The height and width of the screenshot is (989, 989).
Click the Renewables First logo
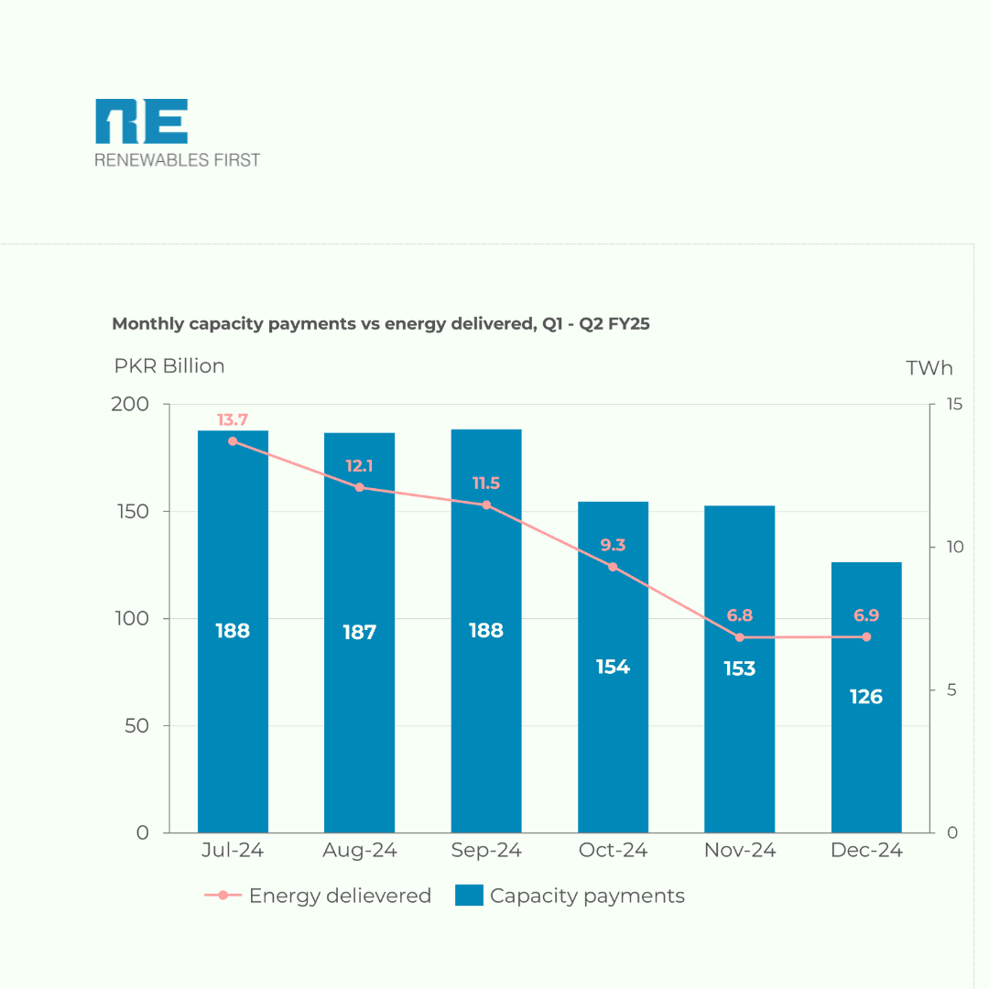coord(177,134)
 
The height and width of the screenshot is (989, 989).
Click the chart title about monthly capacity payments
coord(380,323)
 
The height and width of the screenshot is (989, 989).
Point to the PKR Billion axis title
coord(169,366)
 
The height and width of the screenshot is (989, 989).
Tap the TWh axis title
coord(929,368)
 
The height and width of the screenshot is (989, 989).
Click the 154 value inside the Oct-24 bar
coord(613,667)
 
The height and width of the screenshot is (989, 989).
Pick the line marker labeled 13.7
coord(233,441)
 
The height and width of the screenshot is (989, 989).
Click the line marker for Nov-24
coord(740,637)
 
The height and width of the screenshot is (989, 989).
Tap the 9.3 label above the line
coord(613,545)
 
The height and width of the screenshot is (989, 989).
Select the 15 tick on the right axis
coord(951,405)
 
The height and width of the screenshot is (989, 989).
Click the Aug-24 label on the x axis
coord(359,851)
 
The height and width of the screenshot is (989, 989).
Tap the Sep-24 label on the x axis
coord(486,851)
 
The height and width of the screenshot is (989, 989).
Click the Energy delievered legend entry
coord(318,896)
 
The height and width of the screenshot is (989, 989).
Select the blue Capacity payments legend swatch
coord(468,896)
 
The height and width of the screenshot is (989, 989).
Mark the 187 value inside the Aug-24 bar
coord(359,632)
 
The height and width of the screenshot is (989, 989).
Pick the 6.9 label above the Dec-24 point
coord(865,615)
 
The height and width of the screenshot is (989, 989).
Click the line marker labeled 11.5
coord(486,505)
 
